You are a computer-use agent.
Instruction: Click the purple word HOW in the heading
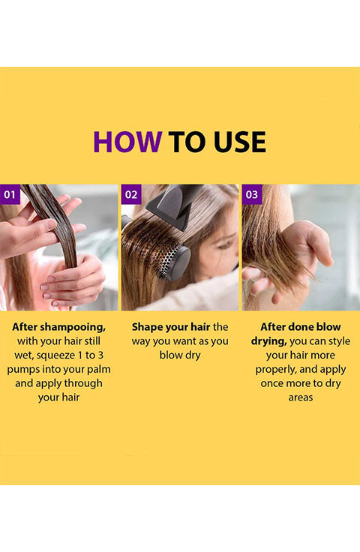pos(127,142)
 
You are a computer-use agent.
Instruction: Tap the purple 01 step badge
pos(10,194)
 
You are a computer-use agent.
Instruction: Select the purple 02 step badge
pos(131,194)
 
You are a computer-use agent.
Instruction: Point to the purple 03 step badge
pos(252,194)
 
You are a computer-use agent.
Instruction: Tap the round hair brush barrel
pos(173,262)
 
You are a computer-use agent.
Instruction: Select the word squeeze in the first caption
pos(55,355)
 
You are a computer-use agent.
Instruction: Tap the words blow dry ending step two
pos(180,355)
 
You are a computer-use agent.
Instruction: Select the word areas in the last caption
pos(301,397)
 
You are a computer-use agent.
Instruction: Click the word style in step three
pos(338,341)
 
